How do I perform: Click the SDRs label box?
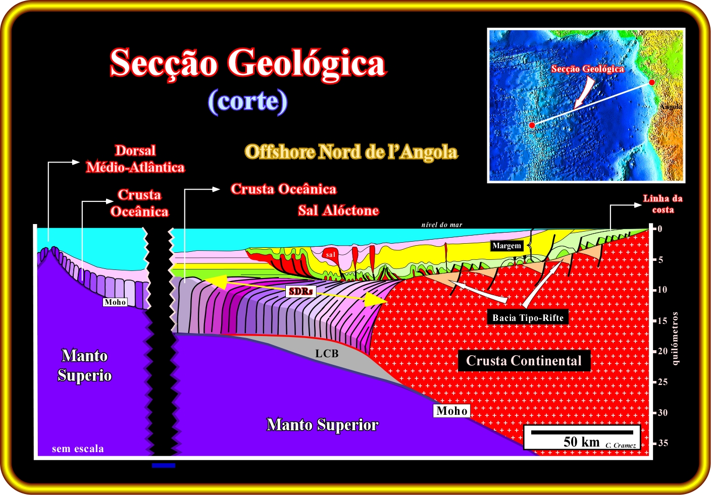pos(300,291)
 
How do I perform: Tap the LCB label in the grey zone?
pos(327,353)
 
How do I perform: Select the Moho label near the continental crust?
pos(451,411)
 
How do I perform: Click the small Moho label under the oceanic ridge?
pos(115,302)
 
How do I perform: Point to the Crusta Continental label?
pos(524,361)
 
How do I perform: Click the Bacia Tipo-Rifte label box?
pos(528,318)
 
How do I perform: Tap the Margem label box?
pos(506,245)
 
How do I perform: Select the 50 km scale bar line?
pos(582,432)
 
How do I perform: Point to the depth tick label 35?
pos(663,443)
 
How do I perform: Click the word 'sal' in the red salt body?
pos(330,255)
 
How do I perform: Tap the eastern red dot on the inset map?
pos(651,82)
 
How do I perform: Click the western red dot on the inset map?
pos(532,125)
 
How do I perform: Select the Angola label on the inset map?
pos(671,106)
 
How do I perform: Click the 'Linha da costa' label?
pos(663,204)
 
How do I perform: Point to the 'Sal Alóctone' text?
pos(338,210)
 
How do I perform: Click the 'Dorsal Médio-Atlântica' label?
pos(135,159)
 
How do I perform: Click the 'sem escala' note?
pos(78,449)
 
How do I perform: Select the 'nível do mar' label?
pos(442,225)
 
